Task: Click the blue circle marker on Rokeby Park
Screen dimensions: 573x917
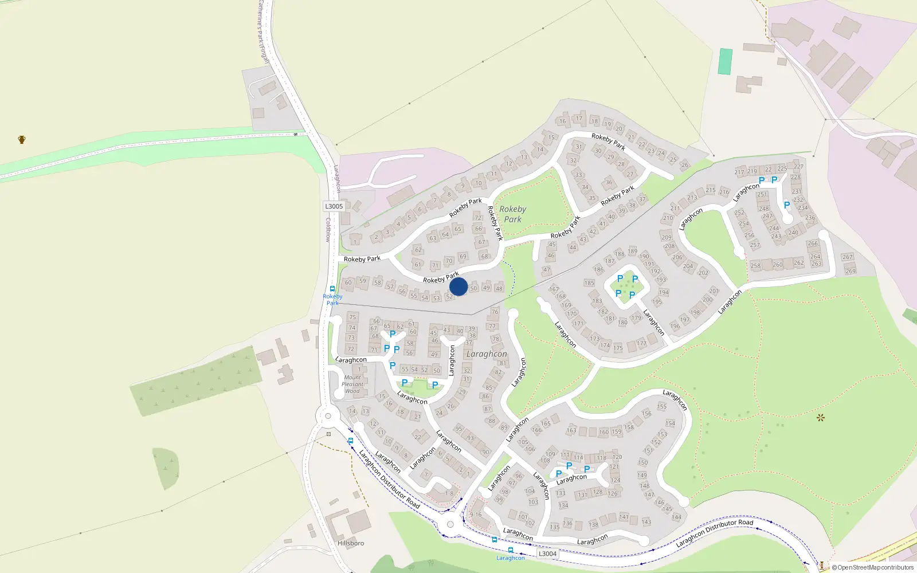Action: pyautogui.click(x=458, y=286)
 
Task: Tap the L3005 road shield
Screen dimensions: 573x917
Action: pyautogui.click(x=334, y=206)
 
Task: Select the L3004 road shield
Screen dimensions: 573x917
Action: pyautogui.click(x=547, y=554)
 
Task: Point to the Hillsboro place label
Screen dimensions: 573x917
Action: pyautogui.click(x=351, y=543)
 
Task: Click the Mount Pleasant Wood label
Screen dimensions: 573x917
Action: pyautogui.click(x=352, y=384)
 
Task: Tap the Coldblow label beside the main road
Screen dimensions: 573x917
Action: pyautogui.click(x=328, y=229)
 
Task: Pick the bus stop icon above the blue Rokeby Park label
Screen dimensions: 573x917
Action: pyautogui.click(x=332, y=289)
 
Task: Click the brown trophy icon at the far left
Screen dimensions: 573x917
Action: pyautogui.click(x=22, y=139)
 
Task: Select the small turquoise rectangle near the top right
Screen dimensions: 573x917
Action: pyautogui.click(x=725, y=61)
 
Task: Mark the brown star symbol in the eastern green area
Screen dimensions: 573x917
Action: pyautogui.click(x=821, y=417)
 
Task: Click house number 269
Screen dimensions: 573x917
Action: pyautogui.click(x=851, y=271)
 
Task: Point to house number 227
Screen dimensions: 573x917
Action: pyautogui.click(x=798, y=167)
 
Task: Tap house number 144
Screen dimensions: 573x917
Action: pyautogui.click(x=677, y=517)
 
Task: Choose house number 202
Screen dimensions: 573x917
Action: pyautogui.click(x=703, y=273)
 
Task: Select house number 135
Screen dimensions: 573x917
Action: pyautogui.click(x=554, y=527)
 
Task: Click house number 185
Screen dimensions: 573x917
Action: pyautogui.click(x=589, y=283)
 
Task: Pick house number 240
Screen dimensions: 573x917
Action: pyautogui.click(x=793, y=232)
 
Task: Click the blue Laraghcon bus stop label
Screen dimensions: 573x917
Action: pyautogui.click(x=510, y=558)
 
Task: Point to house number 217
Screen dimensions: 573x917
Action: pyautogui.click(x=739, y=172)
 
